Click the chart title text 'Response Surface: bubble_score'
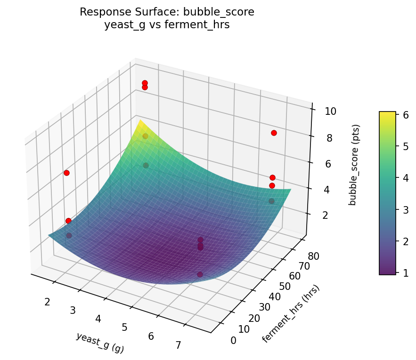167,12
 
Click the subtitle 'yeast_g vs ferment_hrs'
167,25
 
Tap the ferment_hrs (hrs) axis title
291,314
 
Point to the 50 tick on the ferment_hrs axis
285,287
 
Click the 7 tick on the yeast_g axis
178,345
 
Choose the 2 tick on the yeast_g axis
47,302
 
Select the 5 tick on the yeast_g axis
124,328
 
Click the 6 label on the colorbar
405,114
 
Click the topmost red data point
145,83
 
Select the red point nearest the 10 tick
274,133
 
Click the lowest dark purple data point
200,274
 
